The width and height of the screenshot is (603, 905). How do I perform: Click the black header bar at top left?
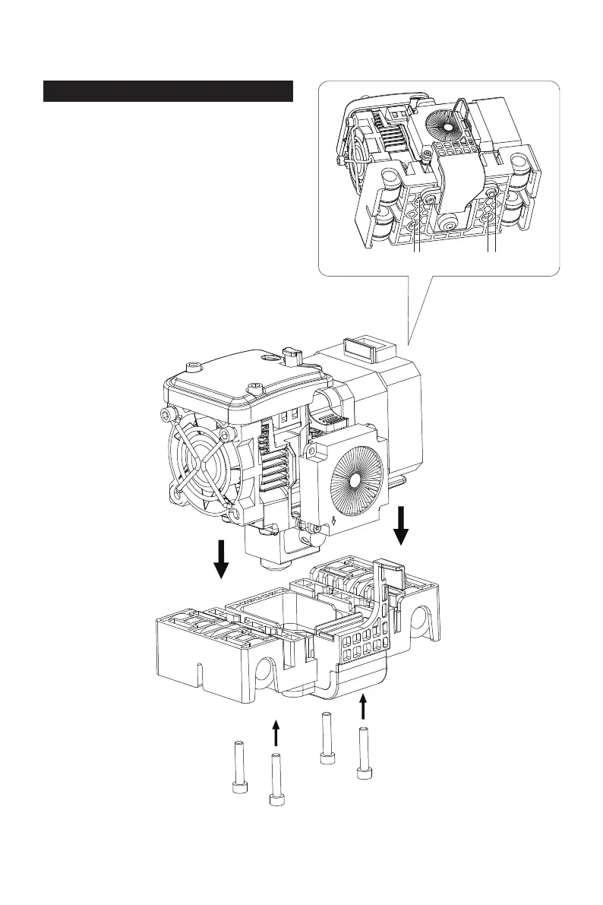pos(168,91)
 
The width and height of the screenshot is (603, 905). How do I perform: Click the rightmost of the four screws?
pos(363,753)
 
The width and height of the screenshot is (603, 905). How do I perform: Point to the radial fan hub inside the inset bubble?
pos(446,122)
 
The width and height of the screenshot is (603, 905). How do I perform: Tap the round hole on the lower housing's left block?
pos(264,669)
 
